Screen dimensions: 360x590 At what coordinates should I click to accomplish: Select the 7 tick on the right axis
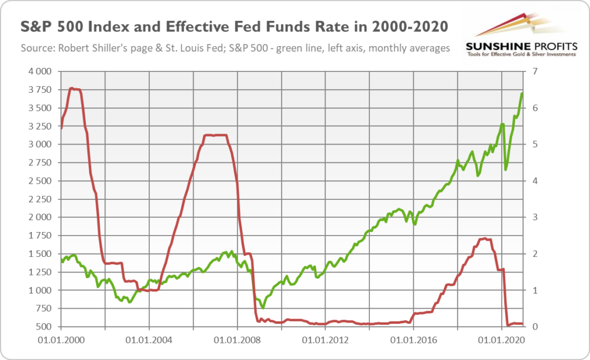[x=535, y=71]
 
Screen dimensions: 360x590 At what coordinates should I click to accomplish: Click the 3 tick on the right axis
[x=535, y=217]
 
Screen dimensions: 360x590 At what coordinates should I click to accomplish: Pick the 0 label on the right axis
[x=535, y=327]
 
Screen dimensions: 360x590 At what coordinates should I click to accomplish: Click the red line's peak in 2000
[x=71, y=88]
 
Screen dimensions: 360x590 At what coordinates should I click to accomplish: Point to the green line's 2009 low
[x=263, y=308]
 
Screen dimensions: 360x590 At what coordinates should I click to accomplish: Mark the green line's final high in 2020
[x=521, y=93]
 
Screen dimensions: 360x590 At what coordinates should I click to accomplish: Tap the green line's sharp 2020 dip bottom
[x=506, y=169]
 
